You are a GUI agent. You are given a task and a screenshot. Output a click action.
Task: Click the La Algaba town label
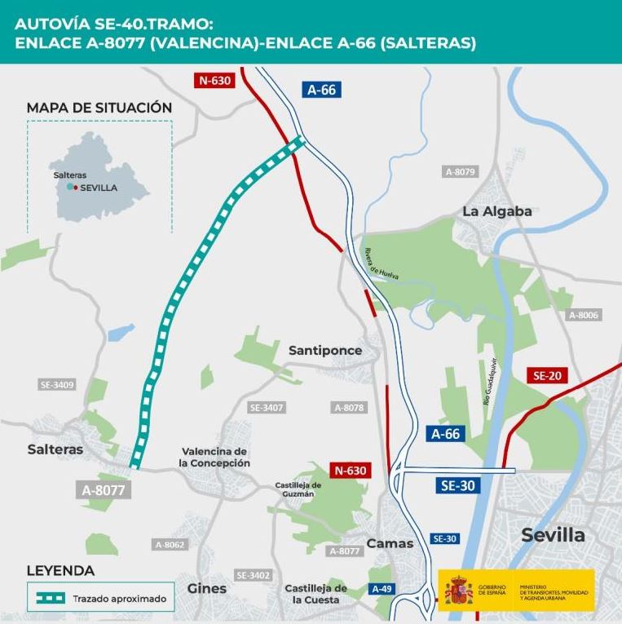tap(496, 211)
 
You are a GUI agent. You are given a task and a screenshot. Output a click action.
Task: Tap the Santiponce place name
tap(325, 350)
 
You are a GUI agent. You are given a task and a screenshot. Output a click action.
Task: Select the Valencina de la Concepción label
tap(214, 458)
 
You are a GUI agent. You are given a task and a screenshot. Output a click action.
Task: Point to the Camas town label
tap(390, 543)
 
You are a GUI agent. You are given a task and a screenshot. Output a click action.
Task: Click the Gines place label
tap(207, 588)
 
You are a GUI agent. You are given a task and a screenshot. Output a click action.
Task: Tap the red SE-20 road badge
tap(547, 376)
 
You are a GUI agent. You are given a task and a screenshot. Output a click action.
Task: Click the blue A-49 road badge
tap(381, 589)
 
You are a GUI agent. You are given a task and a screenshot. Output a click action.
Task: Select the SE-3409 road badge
tap(57, 384)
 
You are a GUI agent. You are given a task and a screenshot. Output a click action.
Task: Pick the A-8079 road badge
tap(460, 172)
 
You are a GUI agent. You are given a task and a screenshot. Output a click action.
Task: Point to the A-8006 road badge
tap(584, 315)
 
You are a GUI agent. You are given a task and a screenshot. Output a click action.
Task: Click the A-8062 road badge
tap(170, 544)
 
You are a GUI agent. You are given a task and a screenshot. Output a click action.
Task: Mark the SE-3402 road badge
tap(253, 575)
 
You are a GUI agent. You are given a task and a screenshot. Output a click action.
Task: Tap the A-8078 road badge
tap(349, 407)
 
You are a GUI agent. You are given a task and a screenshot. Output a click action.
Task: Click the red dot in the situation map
tap(76, 187)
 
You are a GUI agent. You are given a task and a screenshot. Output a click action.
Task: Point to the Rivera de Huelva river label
tap(381, 264)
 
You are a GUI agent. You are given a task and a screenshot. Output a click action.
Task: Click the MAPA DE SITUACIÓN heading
tap(99, 108)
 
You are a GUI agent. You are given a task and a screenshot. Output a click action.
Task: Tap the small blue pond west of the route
tap(121, 332)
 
